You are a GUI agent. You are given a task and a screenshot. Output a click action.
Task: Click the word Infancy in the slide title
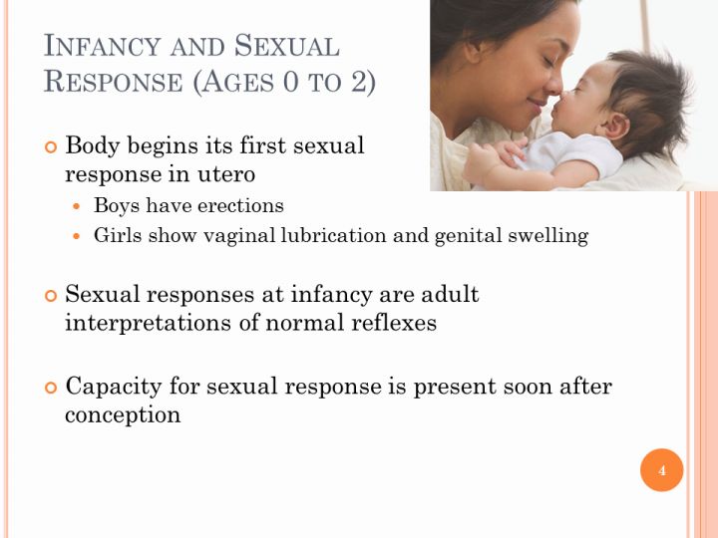click(x=102, y=46)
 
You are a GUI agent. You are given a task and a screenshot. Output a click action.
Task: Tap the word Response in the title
click(x=113, y=82)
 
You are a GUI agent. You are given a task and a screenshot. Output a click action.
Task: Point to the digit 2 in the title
click(x=359, y=82)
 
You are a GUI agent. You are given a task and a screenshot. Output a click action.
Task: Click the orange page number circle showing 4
click(x=662, y=470)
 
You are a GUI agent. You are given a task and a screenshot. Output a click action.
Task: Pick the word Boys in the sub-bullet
click(x=117, y=205)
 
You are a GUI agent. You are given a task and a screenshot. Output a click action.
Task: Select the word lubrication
click(x=333, y=235)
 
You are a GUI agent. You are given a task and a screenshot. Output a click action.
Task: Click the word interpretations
click(x=149, y=323)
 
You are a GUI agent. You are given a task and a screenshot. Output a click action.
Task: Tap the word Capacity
click(x=114, y=387)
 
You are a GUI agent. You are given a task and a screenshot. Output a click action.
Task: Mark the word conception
click(x=123, y=414)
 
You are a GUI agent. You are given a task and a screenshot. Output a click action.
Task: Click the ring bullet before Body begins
click(x=51, y=147)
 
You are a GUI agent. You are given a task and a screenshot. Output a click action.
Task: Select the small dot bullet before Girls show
click(x=77, y=236)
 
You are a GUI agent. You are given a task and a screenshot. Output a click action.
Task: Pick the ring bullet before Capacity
click(x=51, y=388)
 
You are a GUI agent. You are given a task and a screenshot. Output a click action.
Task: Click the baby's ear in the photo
click(x=617, y=127)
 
